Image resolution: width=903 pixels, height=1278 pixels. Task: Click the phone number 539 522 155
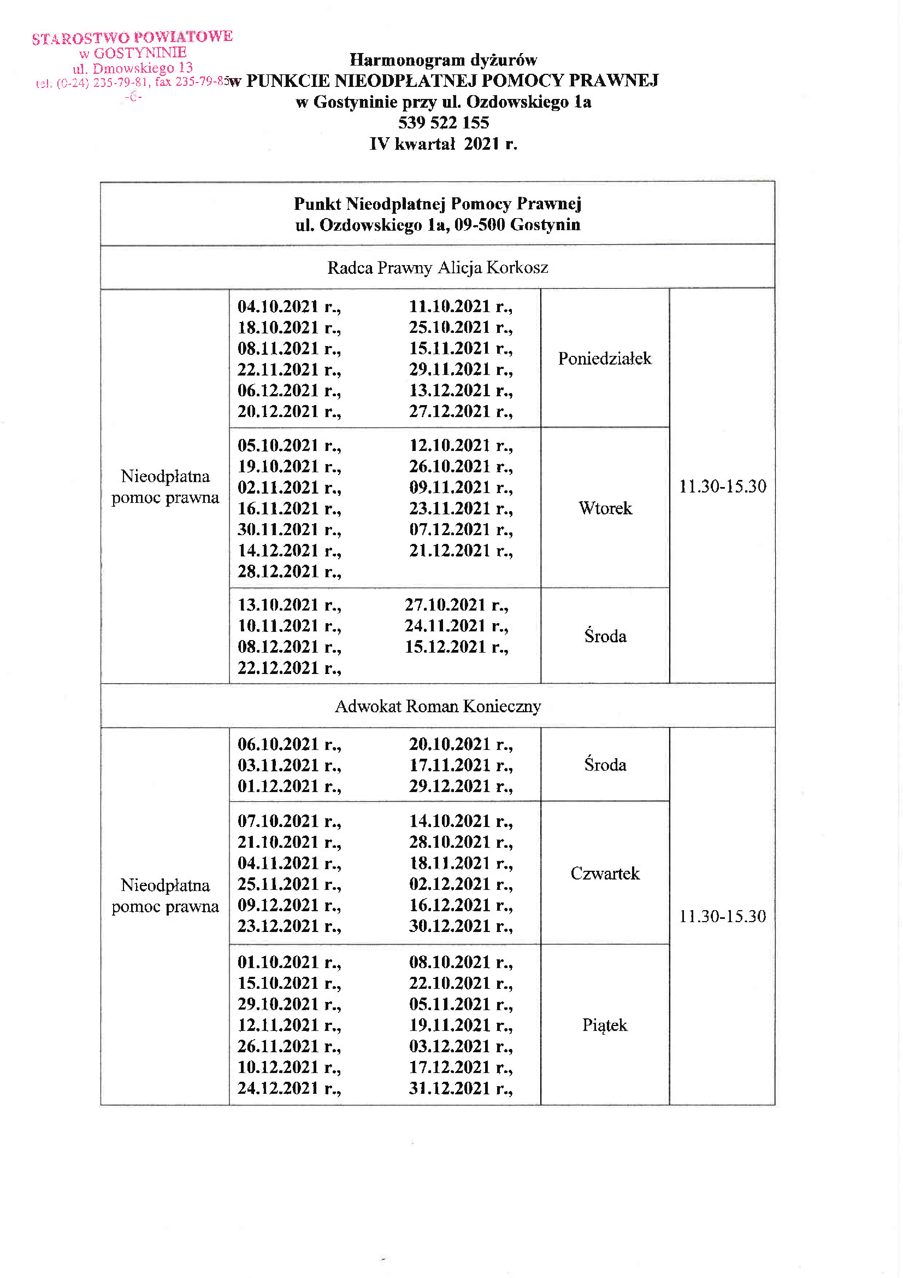444,122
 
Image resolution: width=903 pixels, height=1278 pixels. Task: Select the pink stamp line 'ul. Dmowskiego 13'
132,68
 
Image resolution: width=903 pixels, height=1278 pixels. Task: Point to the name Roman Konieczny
473,706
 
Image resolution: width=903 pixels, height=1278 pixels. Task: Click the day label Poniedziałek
604,359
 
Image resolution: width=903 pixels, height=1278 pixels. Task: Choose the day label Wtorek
605,508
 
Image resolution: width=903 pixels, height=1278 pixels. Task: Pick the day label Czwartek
605,874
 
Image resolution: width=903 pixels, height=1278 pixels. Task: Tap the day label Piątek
605,1025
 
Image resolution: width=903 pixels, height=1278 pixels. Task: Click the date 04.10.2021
278,307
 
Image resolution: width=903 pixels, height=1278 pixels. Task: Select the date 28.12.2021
278,572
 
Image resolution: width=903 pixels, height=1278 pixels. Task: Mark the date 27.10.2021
445,605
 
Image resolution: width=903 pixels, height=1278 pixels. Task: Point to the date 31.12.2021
449,1088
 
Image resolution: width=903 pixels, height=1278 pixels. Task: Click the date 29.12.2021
449,786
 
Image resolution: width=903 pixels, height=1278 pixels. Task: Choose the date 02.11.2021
278,488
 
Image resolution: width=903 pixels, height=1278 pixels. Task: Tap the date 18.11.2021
449,863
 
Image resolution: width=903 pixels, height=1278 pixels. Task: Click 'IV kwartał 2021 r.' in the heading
443,144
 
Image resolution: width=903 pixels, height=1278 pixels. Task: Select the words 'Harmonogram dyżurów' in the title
443,60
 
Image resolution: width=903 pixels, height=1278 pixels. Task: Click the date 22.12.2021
278,668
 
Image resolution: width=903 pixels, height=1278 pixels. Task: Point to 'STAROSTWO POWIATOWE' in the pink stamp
132,37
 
